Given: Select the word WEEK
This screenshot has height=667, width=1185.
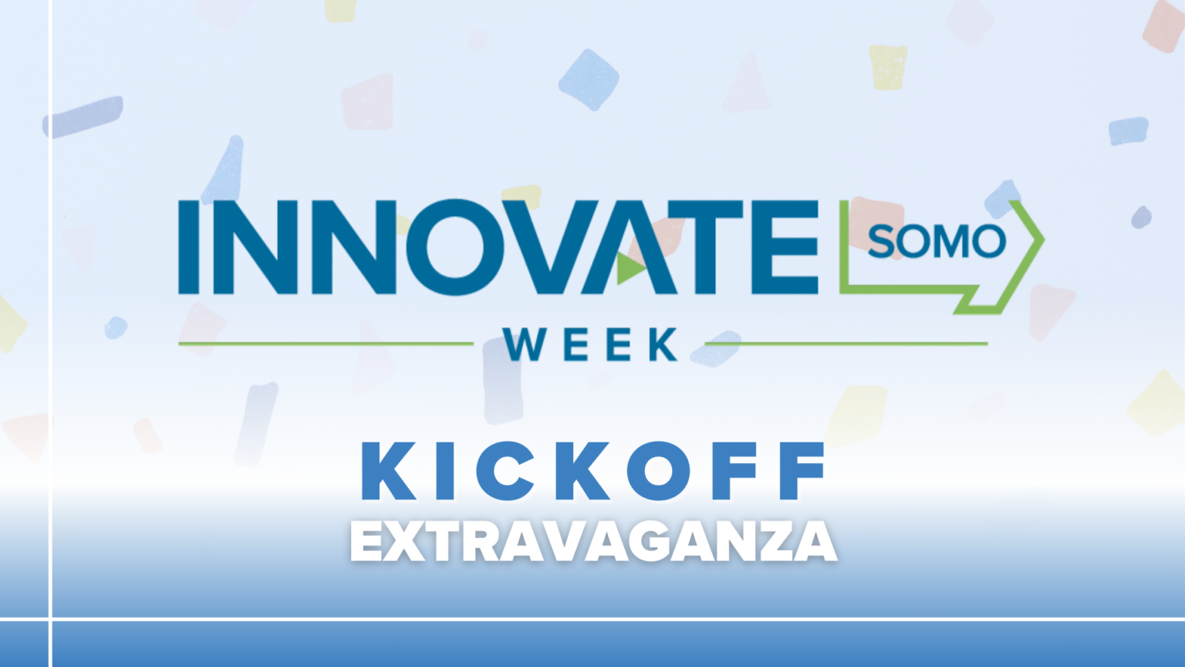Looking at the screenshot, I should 590,344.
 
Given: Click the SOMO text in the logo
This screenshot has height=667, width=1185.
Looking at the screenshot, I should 936,242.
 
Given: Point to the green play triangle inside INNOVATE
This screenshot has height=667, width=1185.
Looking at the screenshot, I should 630,268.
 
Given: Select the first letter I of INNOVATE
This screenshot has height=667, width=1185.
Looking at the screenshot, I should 187,247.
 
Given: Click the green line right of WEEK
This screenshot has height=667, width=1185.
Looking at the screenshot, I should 856,344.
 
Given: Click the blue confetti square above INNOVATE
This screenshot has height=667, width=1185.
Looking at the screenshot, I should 589,80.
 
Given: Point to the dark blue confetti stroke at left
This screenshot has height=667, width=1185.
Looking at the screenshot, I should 83,117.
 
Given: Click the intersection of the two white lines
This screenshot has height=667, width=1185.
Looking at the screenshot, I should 51,618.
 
